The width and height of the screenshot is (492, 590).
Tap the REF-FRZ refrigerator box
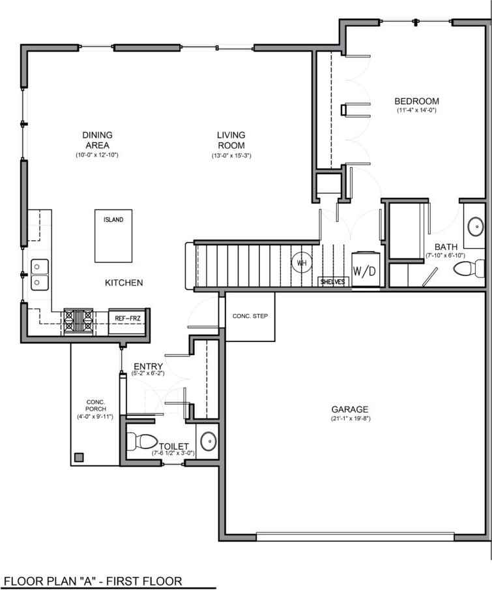click(x=128, y=318)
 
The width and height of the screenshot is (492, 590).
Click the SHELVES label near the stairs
click(x=333, y=282)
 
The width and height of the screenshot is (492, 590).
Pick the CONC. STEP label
click(x=250, y=317)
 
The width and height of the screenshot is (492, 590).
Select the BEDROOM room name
click(x=416, y=101)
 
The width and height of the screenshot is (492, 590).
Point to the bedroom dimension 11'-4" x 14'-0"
click(x=416, y=110)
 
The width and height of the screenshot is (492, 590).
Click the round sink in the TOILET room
click(x=208, y=442)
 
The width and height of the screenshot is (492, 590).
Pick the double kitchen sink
click(x=39, y=274)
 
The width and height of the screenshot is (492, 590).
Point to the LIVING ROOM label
click(x=231, y=140)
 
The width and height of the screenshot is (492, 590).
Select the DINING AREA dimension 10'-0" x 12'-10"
click(x=96, y=155)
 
